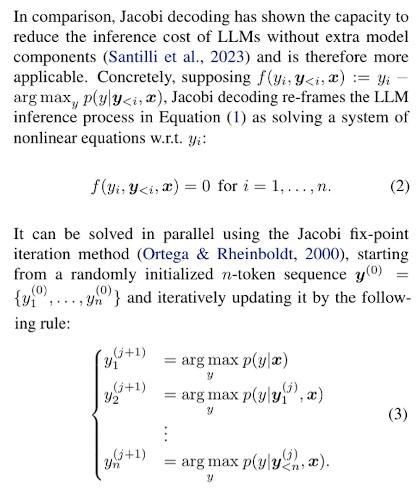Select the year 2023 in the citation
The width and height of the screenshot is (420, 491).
tap(227, 57)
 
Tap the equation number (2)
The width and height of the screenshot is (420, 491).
tap(400, 186)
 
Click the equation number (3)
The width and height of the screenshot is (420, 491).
tap(398, 415)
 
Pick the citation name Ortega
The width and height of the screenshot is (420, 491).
tap(166, 254)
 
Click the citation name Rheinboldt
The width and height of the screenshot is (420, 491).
tap(254, 254)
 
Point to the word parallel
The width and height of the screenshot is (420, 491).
tap(188, 234)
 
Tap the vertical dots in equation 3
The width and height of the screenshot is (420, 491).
tap(166, 434)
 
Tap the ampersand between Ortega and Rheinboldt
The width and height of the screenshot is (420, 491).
tap(203, 254)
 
